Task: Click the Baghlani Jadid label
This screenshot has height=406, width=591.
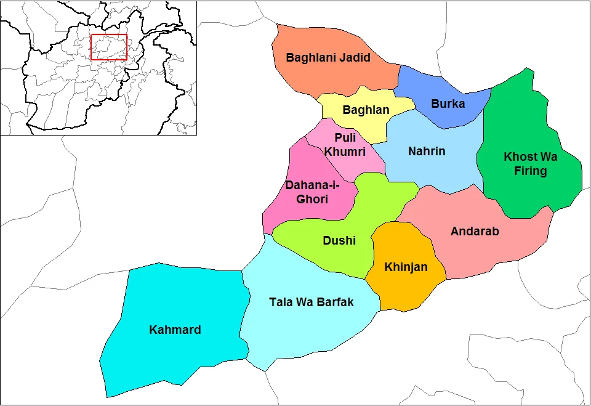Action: tap(328, 57)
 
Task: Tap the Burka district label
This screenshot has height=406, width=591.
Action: tap(448, 104)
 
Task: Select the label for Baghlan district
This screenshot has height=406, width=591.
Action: tap(366, 110)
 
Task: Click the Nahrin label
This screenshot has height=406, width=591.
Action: tap(427, 151)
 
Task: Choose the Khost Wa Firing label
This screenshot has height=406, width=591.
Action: tap(530, 164)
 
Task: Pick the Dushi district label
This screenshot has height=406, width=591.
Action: tap(339, 240)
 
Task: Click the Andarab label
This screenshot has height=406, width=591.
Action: tap(475, 232)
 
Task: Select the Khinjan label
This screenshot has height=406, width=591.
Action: tap(406, 267)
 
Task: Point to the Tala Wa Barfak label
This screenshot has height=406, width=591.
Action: tap(312, 302)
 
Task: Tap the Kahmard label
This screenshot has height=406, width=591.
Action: tap(175, 330)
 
